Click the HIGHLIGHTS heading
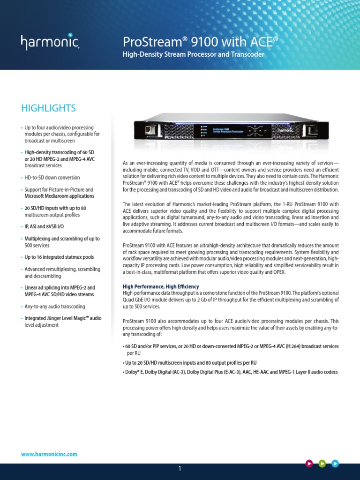48,108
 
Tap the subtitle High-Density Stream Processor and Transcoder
194,55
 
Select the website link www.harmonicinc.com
49,454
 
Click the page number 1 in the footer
180,469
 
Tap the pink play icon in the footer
309,464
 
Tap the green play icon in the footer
322,464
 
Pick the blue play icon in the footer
335,464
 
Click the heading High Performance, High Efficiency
161,286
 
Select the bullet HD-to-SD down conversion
52,178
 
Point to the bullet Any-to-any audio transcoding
55,306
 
